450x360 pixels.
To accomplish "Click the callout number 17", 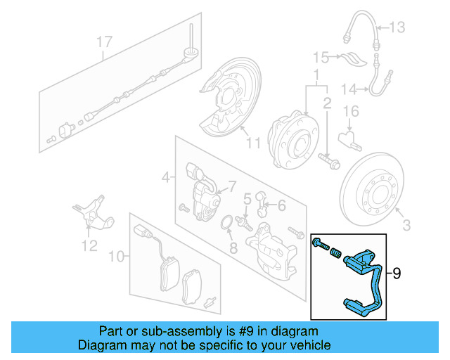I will [104, 43].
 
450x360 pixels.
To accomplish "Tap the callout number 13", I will [398, 27].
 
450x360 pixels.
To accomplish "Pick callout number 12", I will [89, 245].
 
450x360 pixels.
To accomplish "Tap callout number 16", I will [351, 111].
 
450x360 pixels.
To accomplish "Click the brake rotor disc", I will [375, 186].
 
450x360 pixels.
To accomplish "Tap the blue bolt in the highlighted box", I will [322, 245].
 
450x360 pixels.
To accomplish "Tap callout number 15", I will [321, 56].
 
